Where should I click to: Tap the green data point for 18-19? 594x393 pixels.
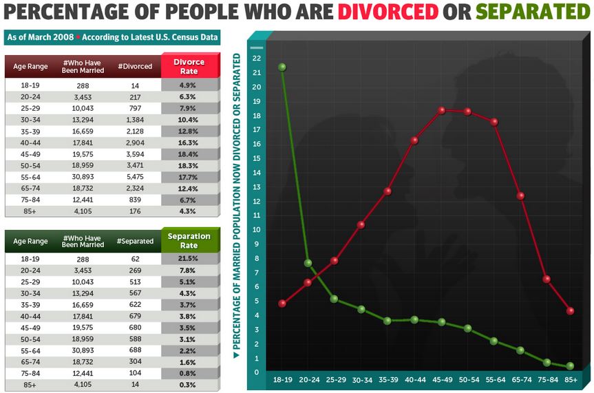[282, 67]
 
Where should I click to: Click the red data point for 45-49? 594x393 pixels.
[441, 110]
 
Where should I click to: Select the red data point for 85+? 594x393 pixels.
[571, 311]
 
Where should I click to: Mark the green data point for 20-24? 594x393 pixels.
[308, 263]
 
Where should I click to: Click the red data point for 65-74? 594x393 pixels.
[520, 196]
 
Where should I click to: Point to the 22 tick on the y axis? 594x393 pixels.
[256, 59]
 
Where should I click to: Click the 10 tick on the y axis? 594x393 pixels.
[256, 230]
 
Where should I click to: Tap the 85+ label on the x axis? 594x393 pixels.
[571, 379]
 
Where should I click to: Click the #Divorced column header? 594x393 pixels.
[136, 67]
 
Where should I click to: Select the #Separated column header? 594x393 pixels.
[136, 242]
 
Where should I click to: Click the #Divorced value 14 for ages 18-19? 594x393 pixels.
[136, 85]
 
